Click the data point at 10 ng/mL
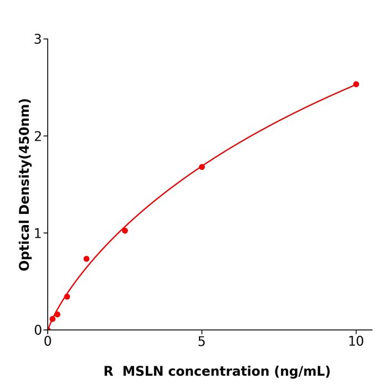click(356, 84)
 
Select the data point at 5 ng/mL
click(202, 167)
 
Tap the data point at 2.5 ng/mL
click(125, 231)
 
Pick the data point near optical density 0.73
click(86, 259)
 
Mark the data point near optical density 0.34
click(67, 297)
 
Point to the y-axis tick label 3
click(38, 39)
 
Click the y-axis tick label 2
click(38, 136)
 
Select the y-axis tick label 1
click(38, 233)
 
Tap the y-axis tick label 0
click(38, 330)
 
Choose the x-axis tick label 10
click(356, 342)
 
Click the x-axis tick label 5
click(202, 342)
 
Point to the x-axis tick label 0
click(48, 342)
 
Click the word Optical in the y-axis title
click(24, 244)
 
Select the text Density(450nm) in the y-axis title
click(24, 157)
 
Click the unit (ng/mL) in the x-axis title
click(302, 371)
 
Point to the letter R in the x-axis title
click(108, 371)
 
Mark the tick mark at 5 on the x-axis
click(202, 332)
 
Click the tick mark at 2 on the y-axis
click(45, 136)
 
